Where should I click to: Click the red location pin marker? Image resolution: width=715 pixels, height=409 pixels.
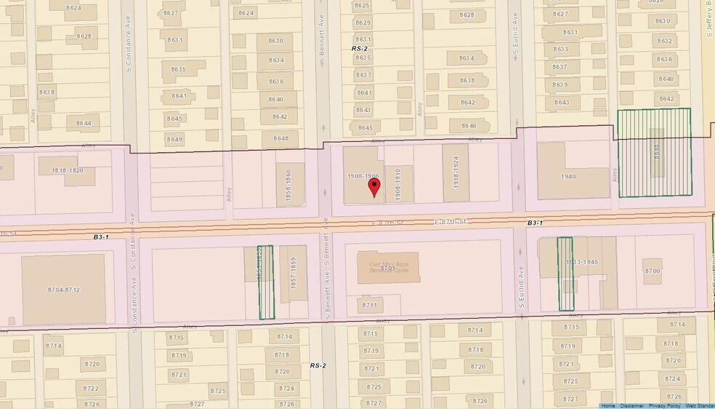(374, 186)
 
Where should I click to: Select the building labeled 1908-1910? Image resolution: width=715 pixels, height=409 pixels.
(398, 184)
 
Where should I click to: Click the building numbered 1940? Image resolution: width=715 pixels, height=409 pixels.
(568, 177)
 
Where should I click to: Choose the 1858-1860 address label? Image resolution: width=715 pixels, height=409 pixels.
(288, 186)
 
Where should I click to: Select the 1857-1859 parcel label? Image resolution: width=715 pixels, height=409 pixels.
(294, 278)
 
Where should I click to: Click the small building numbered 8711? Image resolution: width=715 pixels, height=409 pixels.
(370, 305)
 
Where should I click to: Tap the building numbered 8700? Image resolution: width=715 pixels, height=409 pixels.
(653, 271)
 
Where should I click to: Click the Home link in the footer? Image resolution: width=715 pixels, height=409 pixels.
(609, 405)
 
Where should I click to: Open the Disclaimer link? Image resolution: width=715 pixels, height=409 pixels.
(631, 405)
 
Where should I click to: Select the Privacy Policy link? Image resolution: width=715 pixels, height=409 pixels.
(664, 405)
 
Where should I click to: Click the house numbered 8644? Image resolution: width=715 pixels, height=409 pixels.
(83, 123)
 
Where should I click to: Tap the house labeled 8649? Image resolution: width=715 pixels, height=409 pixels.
(175, 139)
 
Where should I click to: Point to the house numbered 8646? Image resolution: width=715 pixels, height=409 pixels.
(468, 126)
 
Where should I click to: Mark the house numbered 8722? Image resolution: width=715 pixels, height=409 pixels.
(92, 388)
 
